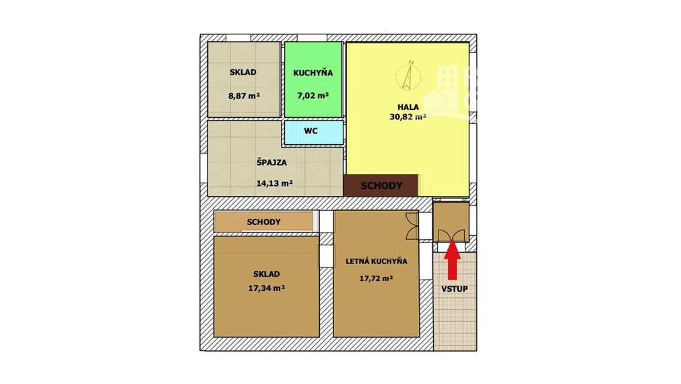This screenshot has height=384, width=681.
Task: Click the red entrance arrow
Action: (452, 260)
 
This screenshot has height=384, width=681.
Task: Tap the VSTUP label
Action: (454, 289)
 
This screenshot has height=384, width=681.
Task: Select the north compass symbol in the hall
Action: (408, 75)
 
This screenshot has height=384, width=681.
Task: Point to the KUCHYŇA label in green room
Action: (313, 73)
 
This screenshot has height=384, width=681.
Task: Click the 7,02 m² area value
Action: (313, 96)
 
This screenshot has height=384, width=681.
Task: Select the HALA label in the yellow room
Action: (408, 106)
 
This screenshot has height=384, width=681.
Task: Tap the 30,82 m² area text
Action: (408, 117)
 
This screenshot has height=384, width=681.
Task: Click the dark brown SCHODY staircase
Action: (381, 186)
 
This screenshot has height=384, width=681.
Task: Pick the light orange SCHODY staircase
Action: (263, 222)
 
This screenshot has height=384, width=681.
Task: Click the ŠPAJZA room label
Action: (271, 162)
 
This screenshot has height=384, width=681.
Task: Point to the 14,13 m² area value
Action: (274, 183)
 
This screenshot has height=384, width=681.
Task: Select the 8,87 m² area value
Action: (244, 96)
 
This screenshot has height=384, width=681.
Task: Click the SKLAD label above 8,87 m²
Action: (242, 73)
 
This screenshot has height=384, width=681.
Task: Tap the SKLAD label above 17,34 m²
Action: (266, 274)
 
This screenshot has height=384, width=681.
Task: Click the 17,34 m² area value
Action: (266, 288)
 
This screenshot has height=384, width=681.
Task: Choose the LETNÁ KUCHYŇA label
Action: (376, 261)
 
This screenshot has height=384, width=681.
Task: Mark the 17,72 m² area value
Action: (376, 278)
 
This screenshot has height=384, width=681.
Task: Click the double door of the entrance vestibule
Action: (451, 235)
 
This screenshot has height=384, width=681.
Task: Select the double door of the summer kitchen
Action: (412, 226)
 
